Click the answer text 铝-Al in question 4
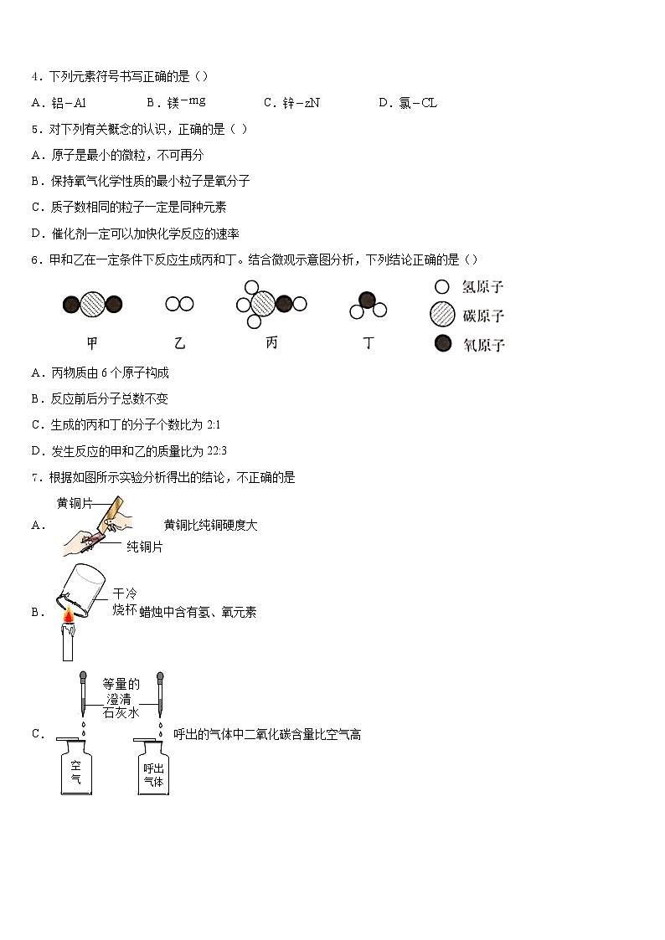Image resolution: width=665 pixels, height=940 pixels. (x=70, y=103)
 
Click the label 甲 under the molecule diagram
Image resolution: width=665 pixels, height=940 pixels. (x=92, y=343)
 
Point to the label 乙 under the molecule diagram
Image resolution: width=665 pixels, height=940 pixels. (x=180, y=343)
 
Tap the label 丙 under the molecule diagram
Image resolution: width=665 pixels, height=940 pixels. (x=271, y=343)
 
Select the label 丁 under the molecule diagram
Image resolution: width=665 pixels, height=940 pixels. (x=368, y=343)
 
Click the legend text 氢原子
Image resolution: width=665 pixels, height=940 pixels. (x=483, y=287)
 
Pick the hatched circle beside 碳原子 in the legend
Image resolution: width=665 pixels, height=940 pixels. (x=442, y=315)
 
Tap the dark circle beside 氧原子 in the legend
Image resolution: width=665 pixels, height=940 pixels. (x=442, y=343)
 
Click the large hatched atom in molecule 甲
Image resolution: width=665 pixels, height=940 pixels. (x=92, y=304)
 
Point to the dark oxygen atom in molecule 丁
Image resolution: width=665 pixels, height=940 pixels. (x=366, y=300)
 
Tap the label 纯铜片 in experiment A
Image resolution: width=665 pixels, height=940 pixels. (x=144, y=547)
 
